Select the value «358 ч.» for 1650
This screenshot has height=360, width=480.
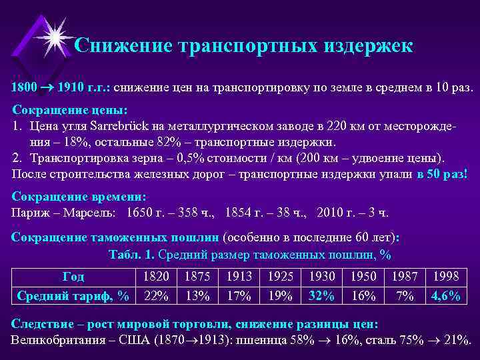[199, 213]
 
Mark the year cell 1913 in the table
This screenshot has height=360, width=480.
[239, 276]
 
